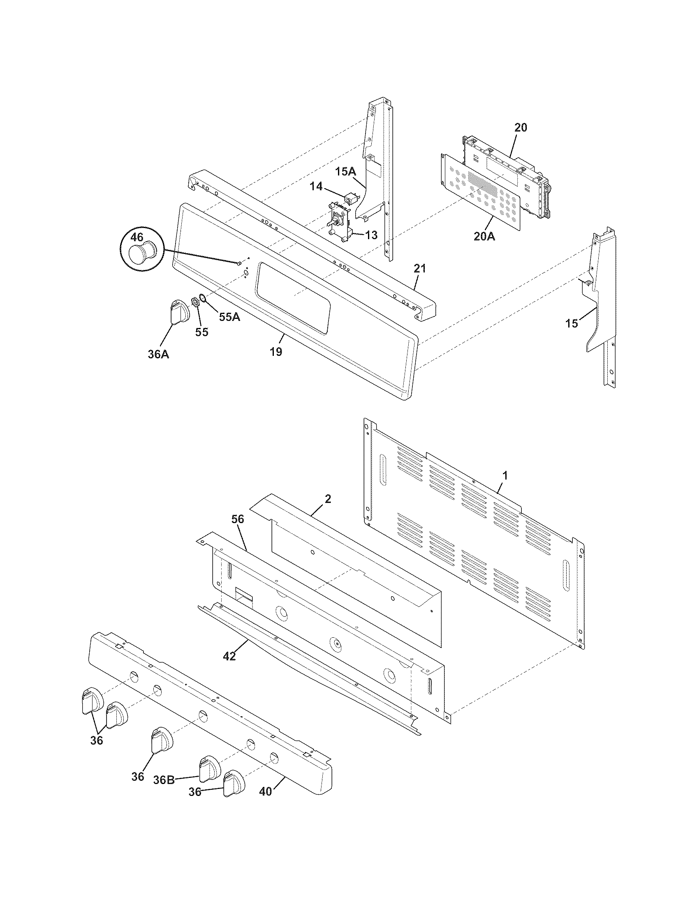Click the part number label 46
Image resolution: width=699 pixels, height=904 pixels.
[137, 237]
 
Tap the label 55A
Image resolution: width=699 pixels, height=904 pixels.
[229, 317]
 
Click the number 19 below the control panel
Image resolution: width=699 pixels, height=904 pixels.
[276, 351]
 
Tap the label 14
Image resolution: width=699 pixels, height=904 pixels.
[316, 187]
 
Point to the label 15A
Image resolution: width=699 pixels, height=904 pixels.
[345, 171]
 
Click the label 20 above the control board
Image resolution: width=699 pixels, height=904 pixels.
[521, 127]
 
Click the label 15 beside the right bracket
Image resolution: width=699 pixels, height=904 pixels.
[572, 323]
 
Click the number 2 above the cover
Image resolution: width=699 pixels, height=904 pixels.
[328, 499]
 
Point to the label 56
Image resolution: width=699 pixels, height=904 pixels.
[238, 519]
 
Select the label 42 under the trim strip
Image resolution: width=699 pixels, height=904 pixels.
[229, 656]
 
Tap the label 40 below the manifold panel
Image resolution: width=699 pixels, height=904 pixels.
[266, 791]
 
